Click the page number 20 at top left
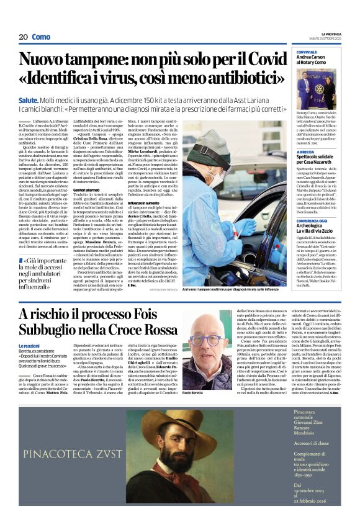[23, 37]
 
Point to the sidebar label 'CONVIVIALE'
[307, 52]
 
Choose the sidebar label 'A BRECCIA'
[305, 151]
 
